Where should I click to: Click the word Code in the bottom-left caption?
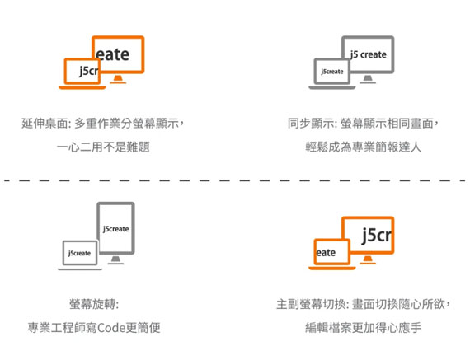click(x=111, y=328)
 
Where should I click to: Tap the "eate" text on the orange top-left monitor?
click(x=113, y=54)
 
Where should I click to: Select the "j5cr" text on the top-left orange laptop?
click(x=89, y=72)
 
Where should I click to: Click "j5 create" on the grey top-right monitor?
click(x=369, y=54)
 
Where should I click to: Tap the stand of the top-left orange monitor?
click(x=118, y=79)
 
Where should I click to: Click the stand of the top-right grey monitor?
click(x=368, y=79)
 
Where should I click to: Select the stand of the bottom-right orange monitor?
click(x=368, y=259)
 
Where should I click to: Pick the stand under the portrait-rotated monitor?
click(x=115, y=260)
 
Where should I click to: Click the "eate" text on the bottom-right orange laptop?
click(x=326, y=253)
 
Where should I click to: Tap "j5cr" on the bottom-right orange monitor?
click(x=377, y=236)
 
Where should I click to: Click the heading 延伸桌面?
click(x=45, y=123)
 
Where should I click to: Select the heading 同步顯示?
click(x=312, y=123)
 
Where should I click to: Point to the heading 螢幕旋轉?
click(x=93, y=304)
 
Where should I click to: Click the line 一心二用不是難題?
click(x=103, y=147)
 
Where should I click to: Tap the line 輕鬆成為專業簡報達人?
click(x=364, y=147)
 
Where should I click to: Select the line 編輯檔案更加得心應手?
click(x=364, y=328)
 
